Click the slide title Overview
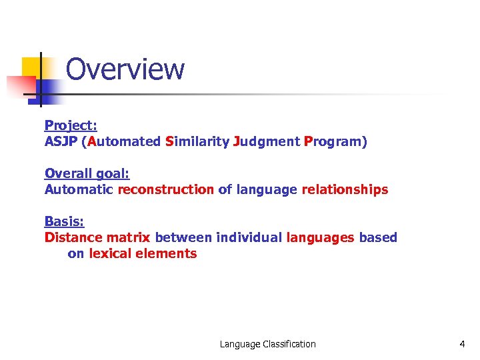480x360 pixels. (x=125, y=69)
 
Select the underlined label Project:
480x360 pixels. (x=71, y=125)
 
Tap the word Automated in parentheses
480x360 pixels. (x=124, y=141)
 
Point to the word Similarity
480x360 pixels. (x=197, y=141)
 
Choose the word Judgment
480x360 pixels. (x=266, y=141)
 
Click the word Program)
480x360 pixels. (x=335, y=141)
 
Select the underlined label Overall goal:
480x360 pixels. (x=87, y=173)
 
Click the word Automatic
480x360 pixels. (x=79, y=189)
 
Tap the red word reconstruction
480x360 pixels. (x=166, y=189)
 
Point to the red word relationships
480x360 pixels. (x=345, y=189)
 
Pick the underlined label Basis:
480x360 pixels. (x=64, y=221)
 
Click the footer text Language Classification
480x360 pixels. (x=268, y=344)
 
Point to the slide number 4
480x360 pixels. (x=462, y=344)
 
